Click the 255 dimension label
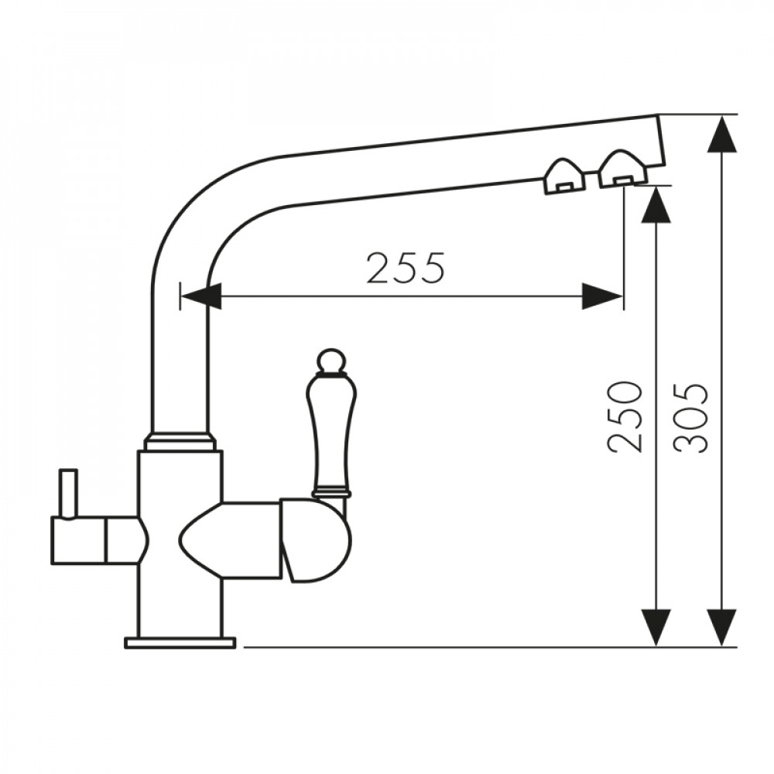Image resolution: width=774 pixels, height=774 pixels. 406,268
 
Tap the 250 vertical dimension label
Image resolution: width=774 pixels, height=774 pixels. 625,417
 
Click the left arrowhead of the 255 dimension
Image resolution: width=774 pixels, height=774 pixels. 201,296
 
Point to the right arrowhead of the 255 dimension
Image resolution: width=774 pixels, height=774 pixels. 602,296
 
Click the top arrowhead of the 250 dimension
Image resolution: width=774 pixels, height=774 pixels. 656,206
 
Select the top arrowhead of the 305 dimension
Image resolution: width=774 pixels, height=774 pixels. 722,134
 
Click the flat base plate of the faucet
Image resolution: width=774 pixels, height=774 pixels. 180,642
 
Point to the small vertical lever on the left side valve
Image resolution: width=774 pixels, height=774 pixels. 69,492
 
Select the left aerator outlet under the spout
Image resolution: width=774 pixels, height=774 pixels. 563,176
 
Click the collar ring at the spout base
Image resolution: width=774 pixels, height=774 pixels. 180,440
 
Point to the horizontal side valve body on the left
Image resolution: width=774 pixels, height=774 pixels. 99,540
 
